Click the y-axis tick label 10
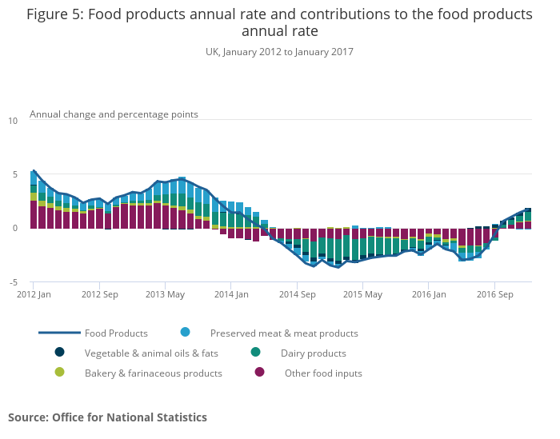[x=12, y=121]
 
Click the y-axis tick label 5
[x=14, y=174]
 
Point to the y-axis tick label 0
[x=14, y=229]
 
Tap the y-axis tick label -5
[x=12, y=282]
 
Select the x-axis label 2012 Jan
[x=34, y=294]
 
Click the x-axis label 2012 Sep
[x=99, y=294]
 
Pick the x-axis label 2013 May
[x=165, y=294]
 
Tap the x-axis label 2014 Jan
[x=230, y=294]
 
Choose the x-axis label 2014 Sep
[x=296, y=294]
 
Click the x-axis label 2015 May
[x=362, y=294]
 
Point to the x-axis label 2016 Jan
[x=428, y=294]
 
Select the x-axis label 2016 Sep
[x=494, y=294]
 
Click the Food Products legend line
[x=59, y=333]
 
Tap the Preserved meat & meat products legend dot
[x=186, y=332]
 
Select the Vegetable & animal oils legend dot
[x=59, y=352]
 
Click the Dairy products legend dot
[x=255, y=352]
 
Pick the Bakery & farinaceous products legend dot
[x=59, y=372]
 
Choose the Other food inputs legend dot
[x=259, y=372]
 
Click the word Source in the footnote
[x=28, y=417]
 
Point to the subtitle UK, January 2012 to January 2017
[x=279, y=52]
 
